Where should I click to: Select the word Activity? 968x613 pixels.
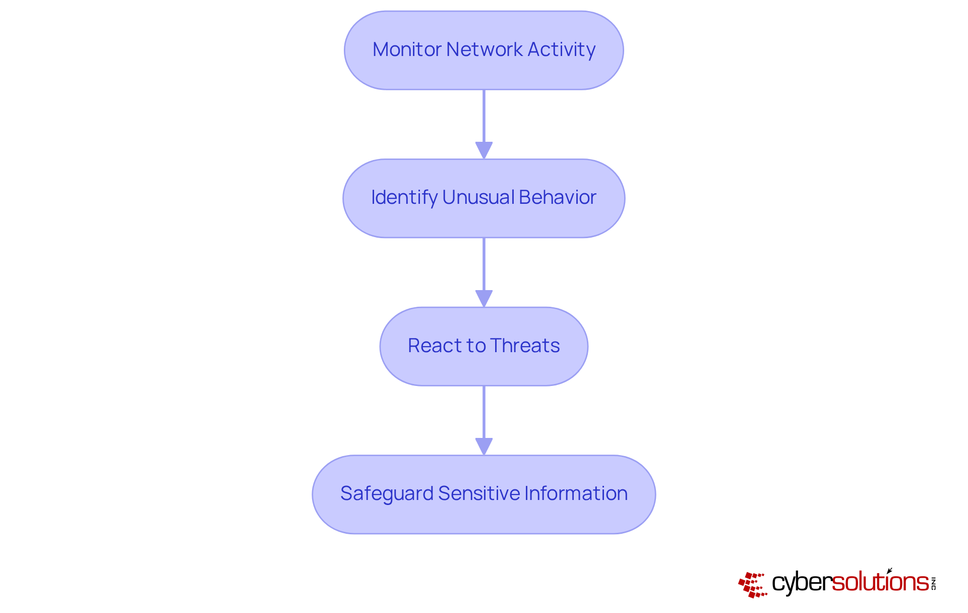point(562,49)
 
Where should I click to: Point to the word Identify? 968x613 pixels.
point(404,197)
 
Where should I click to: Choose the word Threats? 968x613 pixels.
point(525,346)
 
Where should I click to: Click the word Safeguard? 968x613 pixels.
point(386,493)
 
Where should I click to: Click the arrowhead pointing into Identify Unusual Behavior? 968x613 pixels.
point(484,150)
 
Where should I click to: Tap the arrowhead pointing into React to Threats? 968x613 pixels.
point(484,298)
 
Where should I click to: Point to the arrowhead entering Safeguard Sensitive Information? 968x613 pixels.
point(484,446)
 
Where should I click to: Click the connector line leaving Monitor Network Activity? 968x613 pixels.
point(484,116)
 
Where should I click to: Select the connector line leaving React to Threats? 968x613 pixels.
point(484,412)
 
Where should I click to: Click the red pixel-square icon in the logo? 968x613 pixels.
point(752,585)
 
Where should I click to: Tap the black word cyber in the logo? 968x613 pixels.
point(802,583)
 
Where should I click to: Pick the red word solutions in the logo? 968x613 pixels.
point(880,582)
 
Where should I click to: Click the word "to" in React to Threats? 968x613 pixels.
point(476,346)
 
